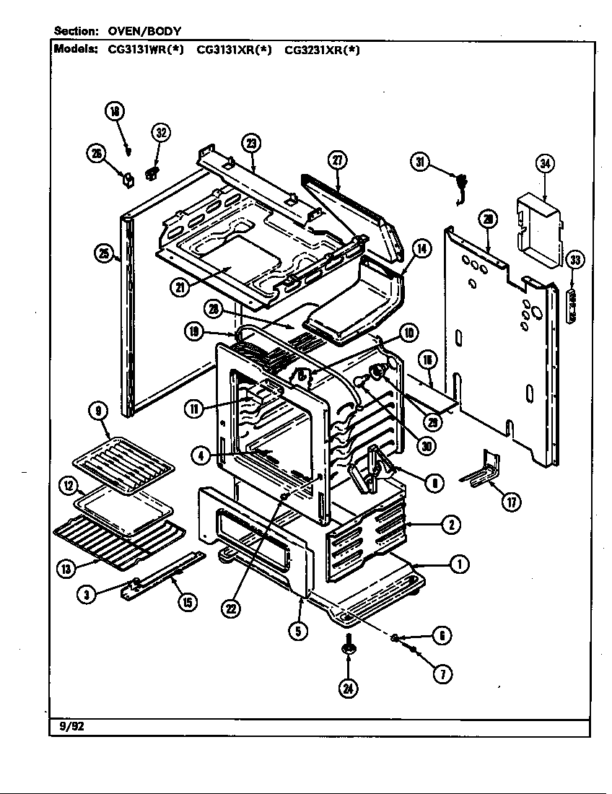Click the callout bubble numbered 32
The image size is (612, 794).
(160, 132)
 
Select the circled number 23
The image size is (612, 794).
(251, 143)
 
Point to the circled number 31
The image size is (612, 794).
(421, 162)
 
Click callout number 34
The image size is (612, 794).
(545, 164)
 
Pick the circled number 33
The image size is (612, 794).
(574, 260)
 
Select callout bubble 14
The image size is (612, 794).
(421, 250)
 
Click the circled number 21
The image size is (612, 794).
(179, 287)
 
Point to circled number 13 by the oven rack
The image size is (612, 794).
(66, 568)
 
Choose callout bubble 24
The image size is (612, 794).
(349, 688)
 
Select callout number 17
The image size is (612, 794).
(512, 503)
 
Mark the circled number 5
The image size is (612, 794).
(298, 630)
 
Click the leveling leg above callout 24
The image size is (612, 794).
(349, 645)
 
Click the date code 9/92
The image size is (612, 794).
(67, 727)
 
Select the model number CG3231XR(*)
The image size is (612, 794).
(322, 51)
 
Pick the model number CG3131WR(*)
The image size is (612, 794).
(147, 51)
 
